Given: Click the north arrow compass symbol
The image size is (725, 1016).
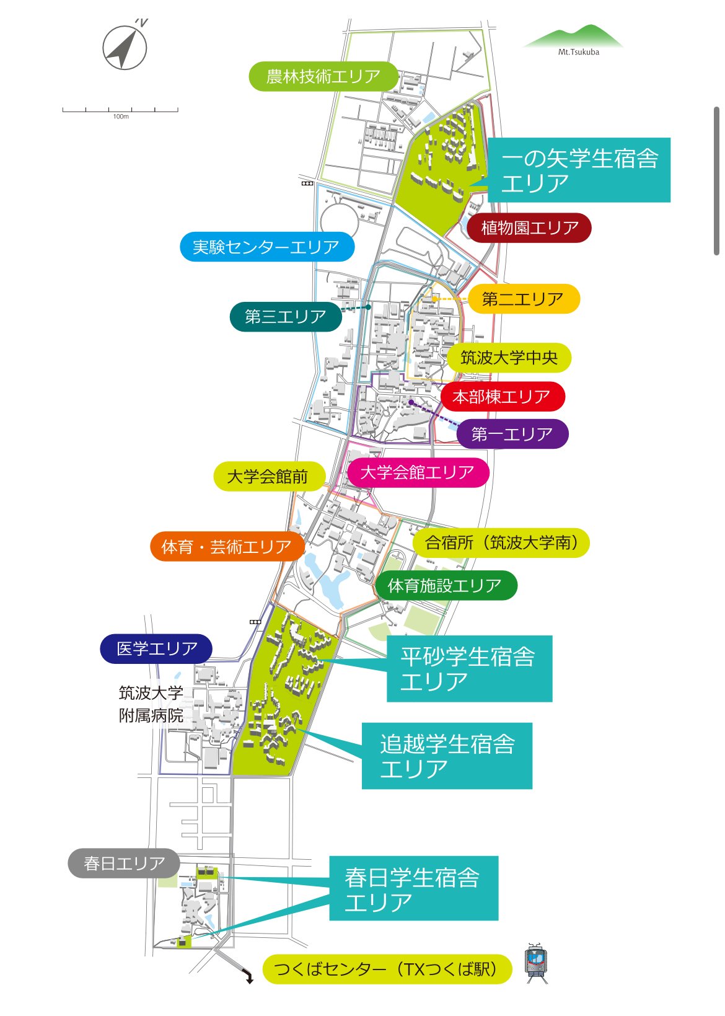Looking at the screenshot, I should coord(125,47).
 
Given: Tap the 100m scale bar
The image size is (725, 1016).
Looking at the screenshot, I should coord(120,110).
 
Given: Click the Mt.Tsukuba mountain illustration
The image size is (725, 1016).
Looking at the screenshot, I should coord(573,38).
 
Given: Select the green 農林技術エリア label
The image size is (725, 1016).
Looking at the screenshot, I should coord(323,76).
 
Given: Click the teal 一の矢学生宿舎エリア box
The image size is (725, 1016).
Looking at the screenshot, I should coord(579,170).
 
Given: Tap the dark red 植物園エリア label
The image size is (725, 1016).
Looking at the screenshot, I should coord(529,228).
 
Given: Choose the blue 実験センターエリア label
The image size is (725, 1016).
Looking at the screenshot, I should coord(267,247).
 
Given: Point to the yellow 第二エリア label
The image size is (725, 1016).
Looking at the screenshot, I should coord(523,299).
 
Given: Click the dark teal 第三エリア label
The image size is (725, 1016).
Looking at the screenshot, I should coord(286,317).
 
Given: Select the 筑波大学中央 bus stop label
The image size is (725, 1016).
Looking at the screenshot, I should coord(509,358).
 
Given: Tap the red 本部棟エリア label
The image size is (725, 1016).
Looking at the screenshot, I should coord(503,397).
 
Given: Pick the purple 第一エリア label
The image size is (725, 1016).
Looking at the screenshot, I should coord(512,434).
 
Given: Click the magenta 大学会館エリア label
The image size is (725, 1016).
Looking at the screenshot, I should coord(417,473).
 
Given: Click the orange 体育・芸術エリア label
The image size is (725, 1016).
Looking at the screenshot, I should coord(227,547).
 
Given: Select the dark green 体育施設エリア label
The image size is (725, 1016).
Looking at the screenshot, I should coord(445,586).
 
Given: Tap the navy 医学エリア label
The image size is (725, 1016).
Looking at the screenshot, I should coord(156,649).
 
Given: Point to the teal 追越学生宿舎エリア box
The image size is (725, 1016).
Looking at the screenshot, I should coord(447,756).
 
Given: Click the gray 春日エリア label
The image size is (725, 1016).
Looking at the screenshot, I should coord(124,863).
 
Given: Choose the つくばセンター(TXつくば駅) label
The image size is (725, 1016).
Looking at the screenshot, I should coord(387,969).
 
